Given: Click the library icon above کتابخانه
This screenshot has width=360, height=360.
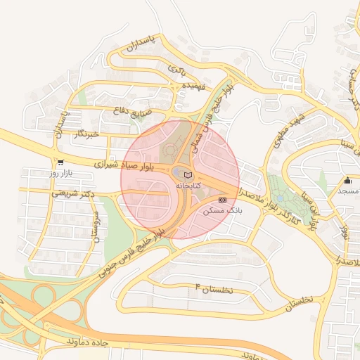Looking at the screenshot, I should [187, 174].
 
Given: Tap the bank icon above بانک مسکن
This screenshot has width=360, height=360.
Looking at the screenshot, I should [222, 200].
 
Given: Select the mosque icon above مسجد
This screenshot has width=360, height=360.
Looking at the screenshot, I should [347, 181].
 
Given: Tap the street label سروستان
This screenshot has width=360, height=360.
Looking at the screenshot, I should [94, 226].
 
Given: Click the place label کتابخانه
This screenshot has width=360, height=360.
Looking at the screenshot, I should [187, 185].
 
